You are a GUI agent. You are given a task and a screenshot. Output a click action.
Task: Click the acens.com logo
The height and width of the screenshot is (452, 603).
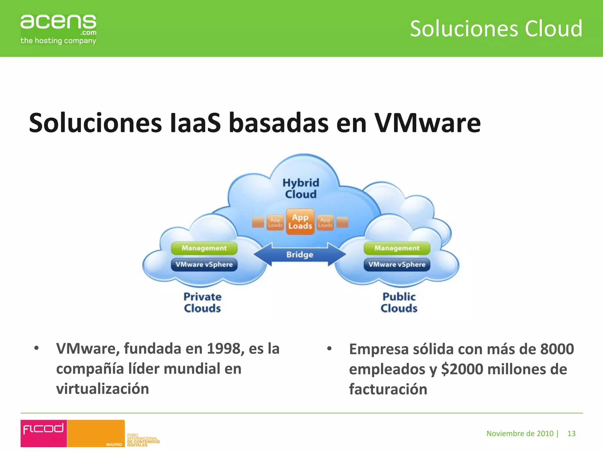tap(58, 29)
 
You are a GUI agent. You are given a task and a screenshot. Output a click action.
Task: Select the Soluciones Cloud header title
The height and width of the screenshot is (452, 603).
tap(496, 29)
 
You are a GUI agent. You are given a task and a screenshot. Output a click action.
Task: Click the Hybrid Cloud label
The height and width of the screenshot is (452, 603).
tap(301, 188)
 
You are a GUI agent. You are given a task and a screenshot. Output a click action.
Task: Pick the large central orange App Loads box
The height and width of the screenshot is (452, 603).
tap(300, 222)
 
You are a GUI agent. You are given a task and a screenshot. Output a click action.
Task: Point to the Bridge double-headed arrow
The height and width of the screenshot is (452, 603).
tap(300, 254)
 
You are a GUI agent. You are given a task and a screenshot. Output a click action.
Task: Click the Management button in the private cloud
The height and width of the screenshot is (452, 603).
tap(204, 248)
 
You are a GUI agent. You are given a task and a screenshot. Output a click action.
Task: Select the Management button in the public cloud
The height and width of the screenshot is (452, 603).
tap(397, 248)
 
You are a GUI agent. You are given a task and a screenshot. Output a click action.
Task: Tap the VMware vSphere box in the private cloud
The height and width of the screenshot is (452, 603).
tap(204, 264)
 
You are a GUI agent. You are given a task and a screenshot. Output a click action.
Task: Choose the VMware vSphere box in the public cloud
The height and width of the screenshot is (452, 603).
tap(397, 264)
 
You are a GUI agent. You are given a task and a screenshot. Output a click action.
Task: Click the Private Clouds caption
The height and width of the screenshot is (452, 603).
tap(202, 302)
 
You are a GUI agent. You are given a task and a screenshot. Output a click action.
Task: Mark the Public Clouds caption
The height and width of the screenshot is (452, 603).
tap(399, 302)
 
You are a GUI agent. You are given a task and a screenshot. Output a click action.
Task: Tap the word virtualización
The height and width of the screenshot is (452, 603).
tap(102, 389)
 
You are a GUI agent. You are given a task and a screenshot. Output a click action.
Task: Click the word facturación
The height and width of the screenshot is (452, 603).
tap(388, 389)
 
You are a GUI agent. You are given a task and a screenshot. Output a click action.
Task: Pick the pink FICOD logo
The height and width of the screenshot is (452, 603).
tap(44, 433)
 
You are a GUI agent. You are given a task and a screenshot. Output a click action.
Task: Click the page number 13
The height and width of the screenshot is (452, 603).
tap(571, 433)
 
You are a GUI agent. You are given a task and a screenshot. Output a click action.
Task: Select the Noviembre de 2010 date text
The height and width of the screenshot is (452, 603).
tap(520, 433)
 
